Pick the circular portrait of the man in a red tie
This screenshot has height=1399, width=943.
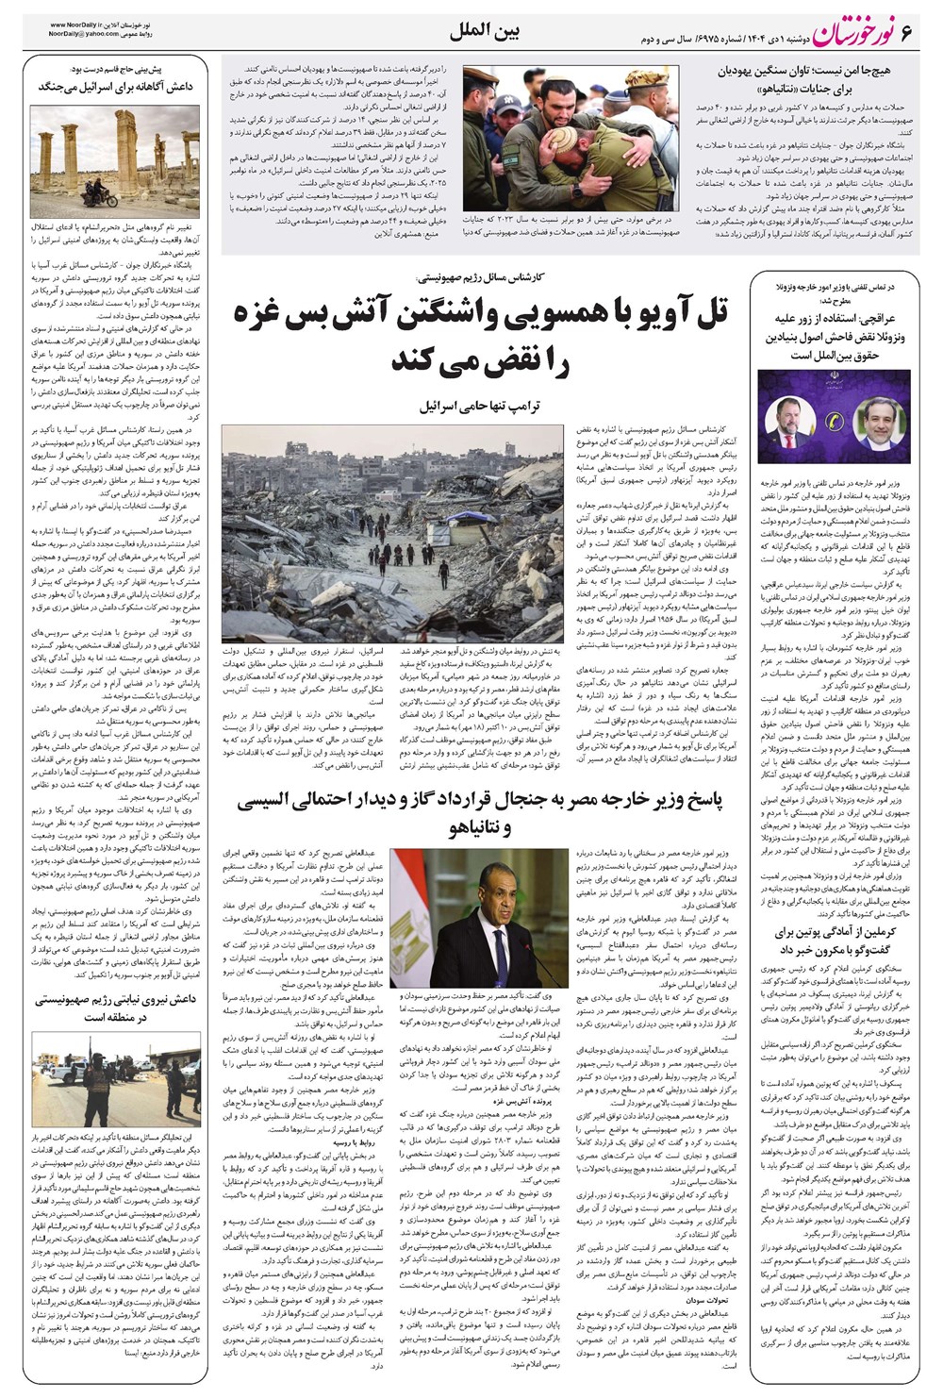tap(787, 416)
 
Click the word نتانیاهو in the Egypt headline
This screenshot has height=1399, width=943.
tap(477, 828)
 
